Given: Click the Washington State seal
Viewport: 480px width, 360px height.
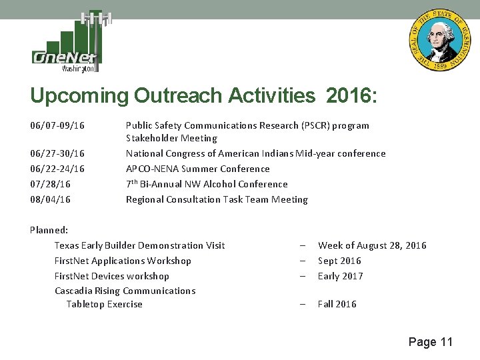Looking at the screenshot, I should (x=439, y=41).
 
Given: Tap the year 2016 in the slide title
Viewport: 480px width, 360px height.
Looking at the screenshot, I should (x=352, y=96).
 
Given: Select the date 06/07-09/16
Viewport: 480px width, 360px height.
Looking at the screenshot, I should (x=57, y=125).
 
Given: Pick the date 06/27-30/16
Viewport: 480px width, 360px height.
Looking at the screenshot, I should (x=57, y=154).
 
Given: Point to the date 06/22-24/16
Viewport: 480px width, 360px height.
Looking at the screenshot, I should (x=57, y=169).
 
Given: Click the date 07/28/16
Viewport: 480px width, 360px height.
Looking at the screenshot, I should (x=51, y=185).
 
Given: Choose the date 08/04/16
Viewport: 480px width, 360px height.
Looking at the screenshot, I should (x=51, y=200).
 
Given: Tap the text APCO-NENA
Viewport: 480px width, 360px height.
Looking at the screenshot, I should (x=151, y=169).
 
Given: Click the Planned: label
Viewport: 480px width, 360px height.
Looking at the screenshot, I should (x=49, y=231).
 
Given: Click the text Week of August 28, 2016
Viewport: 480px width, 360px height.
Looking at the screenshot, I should (x=372, y=246).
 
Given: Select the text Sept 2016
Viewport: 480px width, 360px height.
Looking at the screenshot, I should (x=339, y=261).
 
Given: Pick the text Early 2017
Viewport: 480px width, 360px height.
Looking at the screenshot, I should (x=341, y=277).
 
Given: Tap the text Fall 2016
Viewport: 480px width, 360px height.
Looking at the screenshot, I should (x=337, y=305).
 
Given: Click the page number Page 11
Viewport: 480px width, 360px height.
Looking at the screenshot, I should (x=430, y=342).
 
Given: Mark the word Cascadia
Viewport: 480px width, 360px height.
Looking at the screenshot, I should (x=76, y=291).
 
